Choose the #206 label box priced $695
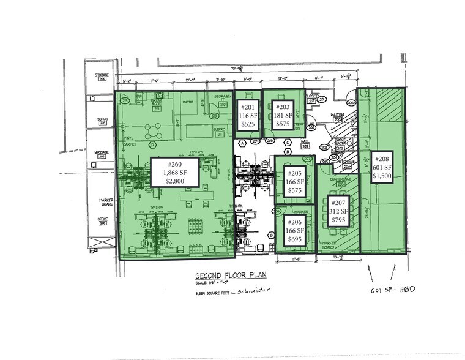tap(296, 227)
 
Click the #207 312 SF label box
tap(338, 211)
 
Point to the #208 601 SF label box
tap(384, 167)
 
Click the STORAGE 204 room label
tap(102, 77)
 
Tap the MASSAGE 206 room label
tap(101, 153)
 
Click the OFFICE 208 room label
tap(102, 222)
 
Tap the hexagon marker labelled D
tap(151, 144)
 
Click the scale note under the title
tap(212, 284)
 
